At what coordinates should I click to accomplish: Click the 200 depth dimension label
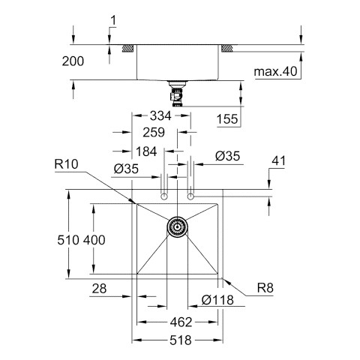click(x=73, y=61)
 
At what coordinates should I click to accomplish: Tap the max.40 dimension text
click(x=275, y=71)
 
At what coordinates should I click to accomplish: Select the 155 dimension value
click(x=227, y=119)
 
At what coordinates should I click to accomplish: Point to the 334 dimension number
click(x=160, y=115)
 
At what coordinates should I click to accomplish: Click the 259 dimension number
click(x=154, y=132)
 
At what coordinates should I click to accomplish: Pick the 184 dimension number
click(x=146, y=151)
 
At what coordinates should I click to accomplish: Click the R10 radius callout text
click(x=66, y=164)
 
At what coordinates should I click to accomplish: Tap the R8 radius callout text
click(x=265, y=288)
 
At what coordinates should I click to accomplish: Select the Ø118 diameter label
click(x=217, y=300)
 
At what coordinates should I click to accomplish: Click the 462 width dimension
click(x=181, y=322)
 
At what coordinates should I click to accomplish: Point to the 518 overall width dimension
click(x=181, y=340)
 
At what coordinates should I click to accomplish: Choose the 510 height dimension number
click(x=68, y=240)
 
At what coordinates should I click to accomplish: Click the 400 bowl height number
click(x=94, y=240)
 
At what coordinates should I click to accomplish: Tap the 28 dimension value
click(x=99, y=289)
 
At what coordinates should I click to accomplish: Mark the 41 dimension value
click(x=278, y=160)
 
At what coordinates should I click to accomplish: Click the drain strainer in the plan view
click(x=177, y=226)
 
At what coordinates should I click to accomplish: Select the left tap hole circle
click(x=163, y=196)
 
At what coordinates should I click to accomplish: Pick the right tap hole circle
click(x=190, y=196)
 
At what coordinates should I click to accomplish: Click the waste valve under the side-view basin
click(x=177, y=94)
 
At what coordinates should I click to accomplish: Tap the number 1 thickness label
click(x=113, y=20)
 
